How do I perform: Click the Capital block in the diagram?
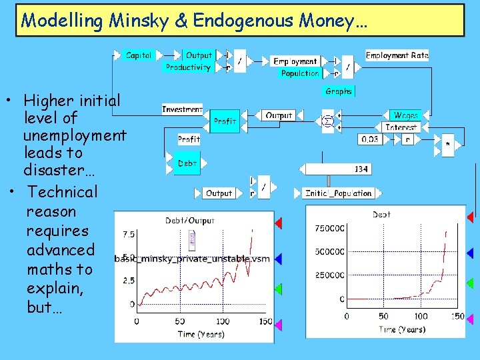click(x=139, y=55)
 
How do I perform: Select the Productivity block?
click(x=188, y=67)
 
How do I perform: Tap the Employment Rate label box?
click(x=397, y=55)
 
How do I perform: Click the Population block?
click(x=299, y=73)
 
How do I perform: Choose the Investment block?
click(x=182, y=109)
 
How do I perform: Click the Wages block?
click(x=405, y=115)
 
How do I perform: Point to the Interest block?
click(x=401, y=127)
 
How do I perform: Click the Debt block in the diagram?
click(x=187, y=163)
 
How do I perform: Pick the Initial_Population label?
click(x=338, y=193)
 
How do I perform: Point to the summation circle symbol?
click(x=327, y=121)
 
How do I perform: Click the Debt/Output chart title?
click(x=190, y=221)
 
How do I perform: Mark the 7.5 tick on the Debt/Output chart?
click(x=129, y=235)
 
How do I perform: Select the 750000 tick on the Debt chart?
click(x=330, y=229)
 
